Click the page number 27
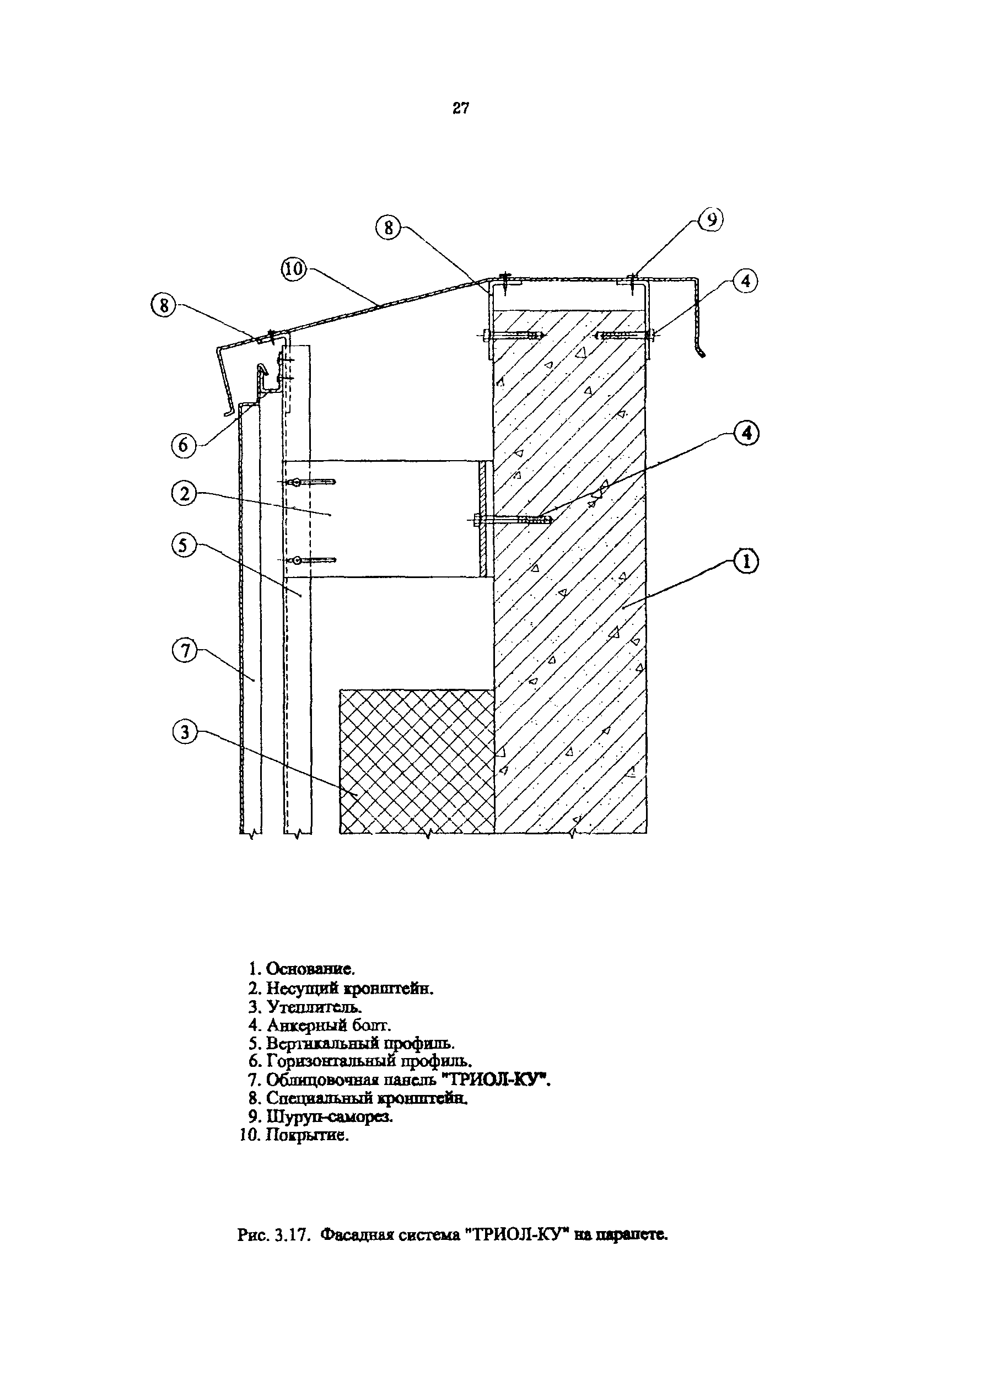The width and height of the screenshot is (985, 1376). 461,109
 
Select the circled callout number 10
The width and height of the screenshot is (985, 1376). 295,269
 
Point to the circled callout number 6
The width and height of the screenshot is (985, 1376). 184,446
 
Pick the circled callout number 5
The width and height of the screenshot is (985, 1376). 184,546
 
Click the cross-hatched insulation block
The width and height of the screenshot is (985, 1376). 417,761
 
